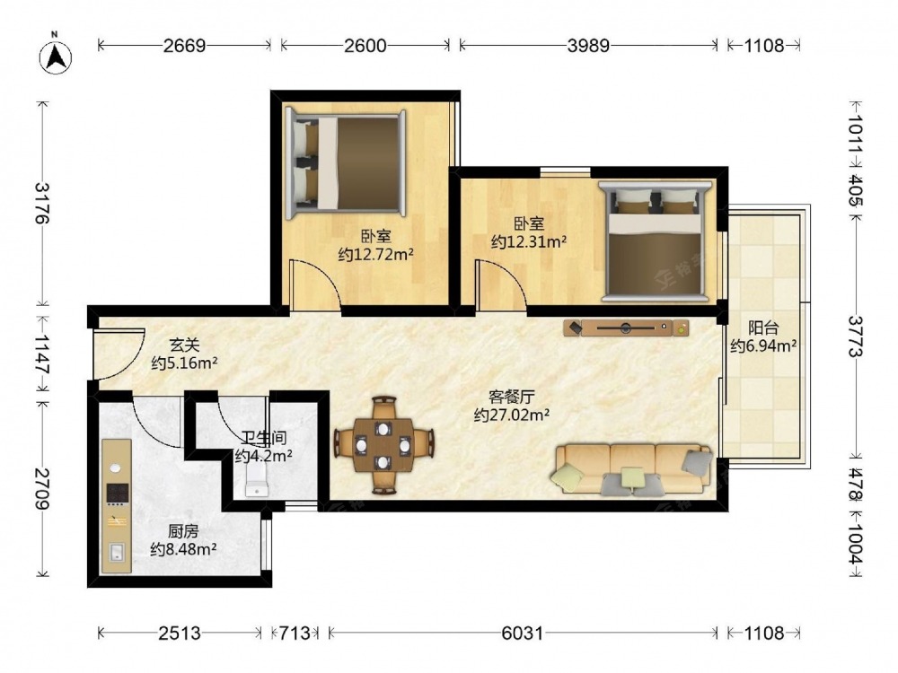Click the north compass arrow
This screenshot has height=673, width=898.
pos(56,57)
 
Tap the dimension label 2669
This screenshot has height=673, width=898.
pos(184,45)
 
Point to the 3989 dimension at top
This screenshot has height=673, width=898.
pos(588,45)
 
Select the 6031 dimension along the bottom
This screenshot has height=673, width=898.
pos(522,633)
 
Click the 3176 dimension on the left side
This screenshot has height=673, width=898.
pos(42,203)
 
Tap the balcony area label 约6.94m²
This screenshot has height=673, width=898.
pos(763,345)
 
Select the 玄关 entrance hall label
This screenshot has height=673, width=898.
pos(184,345)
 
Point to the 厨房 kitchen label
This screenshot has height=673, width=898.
pos(183,531)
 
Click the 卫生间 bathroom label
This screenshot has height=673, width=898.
pos(263,439)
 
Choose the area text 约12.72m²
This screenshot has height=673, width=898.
pos(375,254)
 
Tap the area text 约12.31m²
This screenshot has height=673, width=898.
pos(529,241)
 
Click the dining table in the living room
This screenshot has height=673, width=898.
pos(383,445)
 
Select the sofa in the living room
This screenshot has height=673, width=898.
pos(631,468)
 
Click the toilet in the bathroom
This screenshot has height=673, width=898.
pos(257,479)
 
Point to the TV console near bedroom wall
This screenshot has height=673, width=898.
pos(626,328)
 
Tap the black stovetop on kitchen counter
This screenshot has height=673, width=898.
pos(117,492)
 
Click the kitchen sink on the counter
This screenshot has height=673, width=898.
pos(117,552)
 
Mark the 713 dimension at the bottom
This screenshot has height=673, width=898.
pos(294,633)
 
